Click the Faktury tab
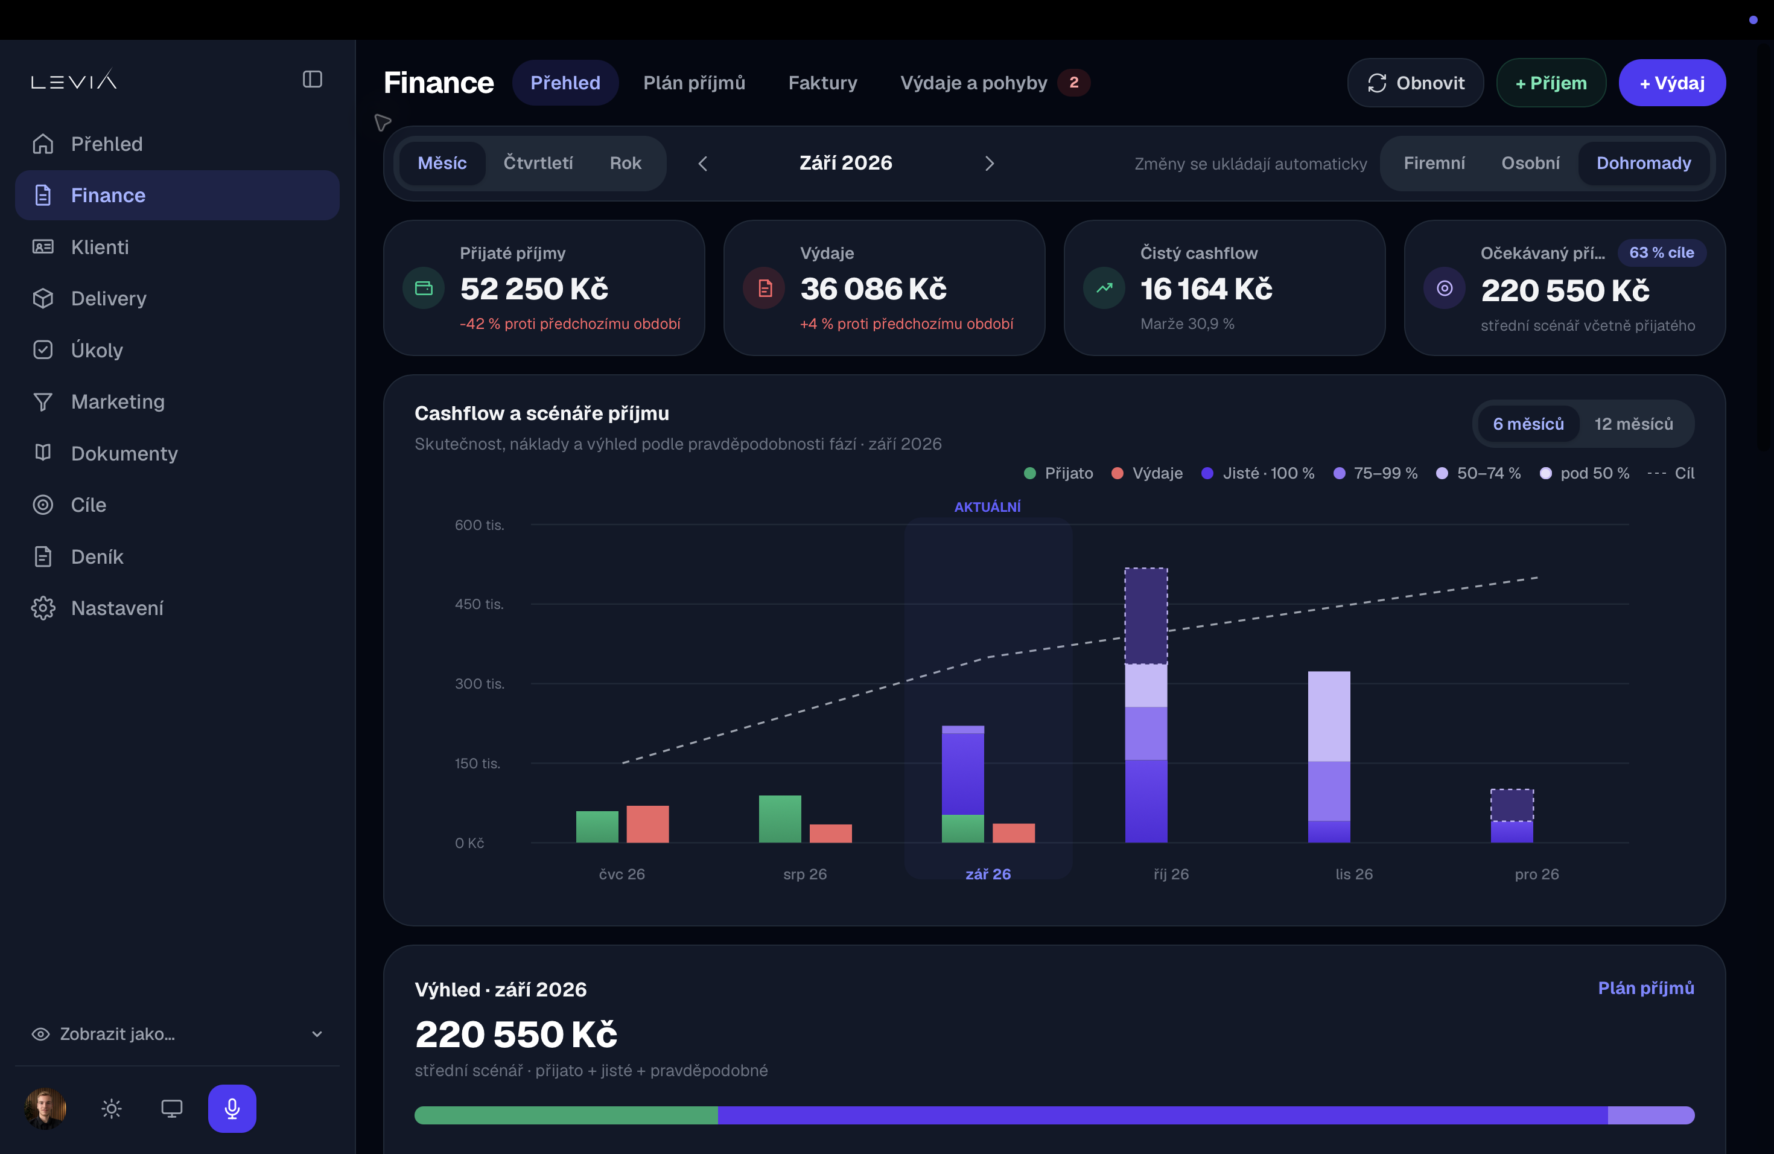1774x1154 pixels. tap(822, 83)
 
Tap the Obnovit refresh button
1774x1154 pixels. tap(1415, 83)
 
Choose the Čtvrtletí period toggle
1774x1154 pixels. tap(538, 163)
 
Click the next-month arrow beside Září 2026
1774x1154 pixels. tap(989, 163)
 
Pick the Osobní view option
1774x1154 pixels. tap(1530, 163)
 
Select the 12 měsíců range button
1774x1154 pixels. tap(1633, 424)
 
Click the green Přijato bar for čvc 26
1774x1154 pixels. tap(597, 827)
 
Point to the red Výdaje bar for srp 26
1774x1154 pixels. tap(830, 834)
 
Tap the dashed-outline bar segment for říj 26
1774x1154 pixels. tap(1146, 616)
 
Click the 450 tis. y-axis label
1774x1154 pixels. tap(479, 604)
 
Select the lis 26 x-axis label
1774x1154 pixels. tap(1353, 874)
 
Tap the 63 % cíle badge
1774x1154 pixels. tap(1661, 253)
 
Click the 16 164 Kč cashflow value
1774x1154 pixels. tap(1206, 289)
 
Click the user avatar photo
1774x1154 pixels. tap(45, 1109)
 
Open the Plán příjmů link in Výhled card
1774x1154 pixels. tap(1646, 989)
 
